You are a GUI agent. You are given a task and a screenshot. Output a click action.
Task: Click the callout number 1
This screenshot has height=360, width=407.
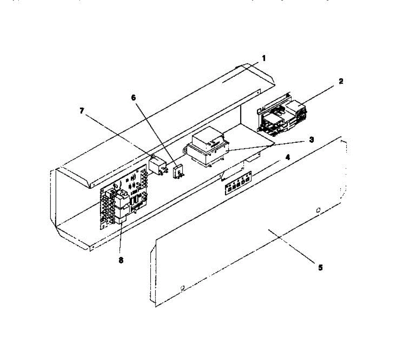(x=264, y=58)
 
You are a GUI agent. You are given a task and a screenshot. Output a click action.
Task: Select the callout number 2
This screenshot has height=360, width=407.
(x=341, y=81)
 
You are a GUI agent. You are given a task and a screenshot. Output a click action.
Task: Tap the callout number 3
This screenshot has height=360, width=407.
(x=311, y=139)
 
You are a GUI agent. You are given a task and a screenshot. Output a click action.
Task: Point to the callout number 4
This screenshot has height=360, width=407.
(x=288, y=157)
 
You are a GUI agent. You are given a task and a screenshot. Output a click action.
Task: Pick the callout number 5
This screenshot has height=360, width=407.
(x=320, y=268)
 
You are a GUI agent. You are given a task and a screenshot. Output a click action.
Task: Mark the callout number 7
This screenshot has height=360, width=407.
(x=82, y=111)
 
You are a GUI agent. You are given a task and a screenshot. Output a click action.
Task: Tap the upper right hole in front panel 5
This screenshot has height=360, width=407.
(x=318, y=210)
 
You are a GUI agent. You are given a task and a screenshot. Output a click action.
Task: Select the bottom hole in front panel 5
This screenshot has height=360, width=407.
(x=183, y=288)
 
